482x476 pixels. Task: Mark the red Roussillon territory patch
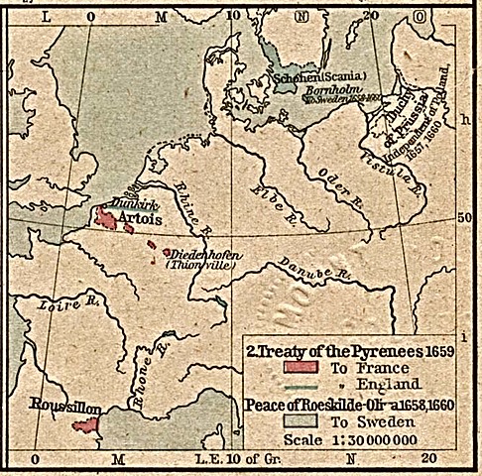(x=86, y=425)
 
